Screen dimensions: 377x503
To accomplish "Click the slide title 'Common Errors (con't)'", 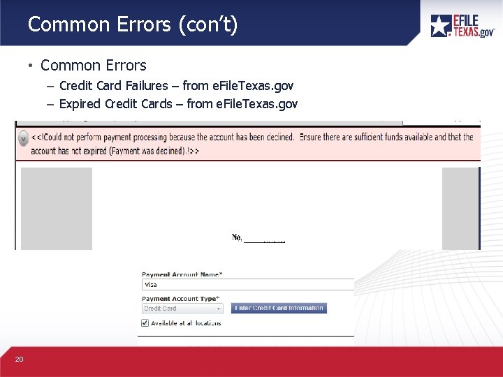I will coord(133,25).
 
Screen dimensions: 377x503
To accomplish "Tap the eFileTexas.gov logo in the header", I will coord(462,26).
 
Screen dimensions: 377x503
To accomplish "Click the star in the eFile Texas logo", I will coord(440,26).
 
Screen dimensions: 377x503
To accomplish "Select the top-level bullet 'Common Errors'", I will coord(93,66).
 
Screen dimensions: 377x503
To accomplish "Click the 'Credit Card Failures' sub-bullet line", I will coord(176,86).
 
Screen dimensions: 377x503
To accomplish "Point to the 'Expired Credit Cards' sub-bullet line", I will coord(178,104).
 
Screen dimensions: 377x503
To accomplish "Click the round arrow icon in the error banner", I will coord(23,138).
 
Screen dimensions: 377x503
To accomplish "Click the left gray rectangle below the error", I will coord(57,208).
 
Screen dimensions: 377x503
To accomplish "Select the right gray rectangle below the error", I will coord(461,208).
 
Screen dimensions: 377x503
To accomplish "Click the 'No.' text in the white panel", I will coord(237,238).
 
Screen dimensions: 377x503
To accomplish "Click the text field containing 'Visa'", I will coord(248,285).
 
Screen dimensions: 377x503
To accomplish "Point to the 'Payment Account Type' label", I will coord(180,299).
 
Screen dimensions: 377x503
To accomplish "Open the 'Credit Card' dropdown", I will coord(182,309).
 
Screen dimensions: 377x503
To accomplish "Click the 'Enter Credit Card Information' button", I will coord(279,308).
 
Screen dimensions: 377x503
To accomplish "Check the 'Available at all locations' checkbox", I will coord(145,323).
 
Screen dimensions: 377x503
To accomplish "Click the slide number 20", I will coord(19,360).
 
